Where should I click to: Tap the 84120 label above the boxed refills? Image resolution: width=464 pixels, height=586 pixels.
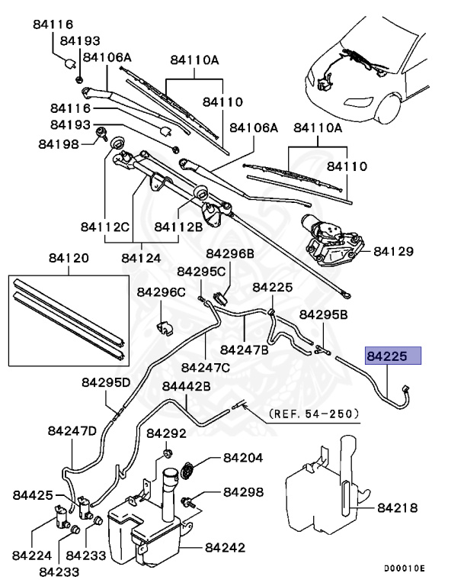tap(69, 259)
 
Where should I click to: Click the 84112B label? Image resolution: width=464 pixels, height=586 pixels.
tap(178, 226)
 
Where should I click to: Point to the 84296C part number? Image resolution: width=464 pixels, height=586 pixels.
tap(162, 291)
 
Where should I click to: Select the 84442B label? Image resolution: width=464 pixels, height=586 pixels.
tap(187, 386)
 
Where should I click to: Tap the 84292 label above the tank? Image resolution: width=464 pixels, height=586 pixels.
tap(167, 433)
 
